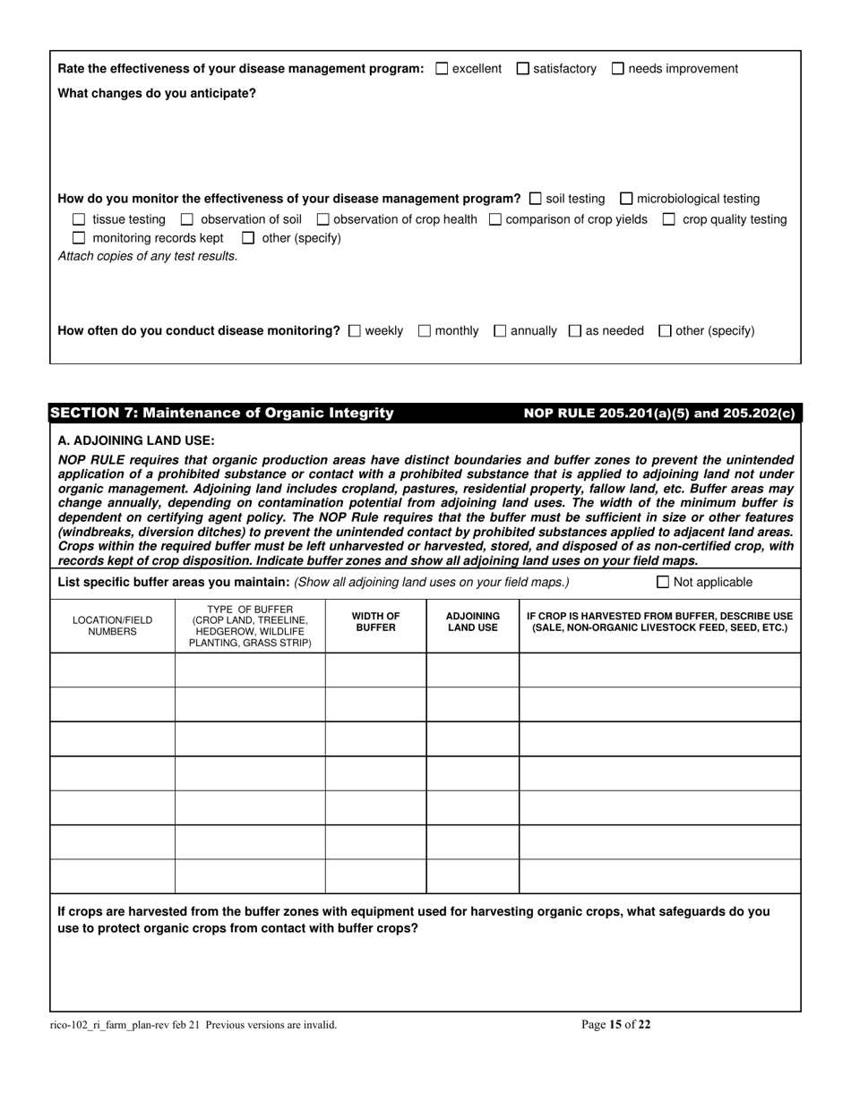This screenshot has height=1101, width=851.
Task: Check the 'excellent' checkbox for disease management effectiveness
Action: pos(442,69)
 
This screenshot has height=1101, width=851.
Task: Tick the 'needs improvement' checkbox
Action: pos(618,69)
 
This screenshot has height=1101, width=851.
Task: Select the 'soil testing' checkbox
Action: pos(536,199)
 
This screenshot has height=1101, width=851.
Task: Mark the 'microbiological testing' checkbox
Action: pos(626,199)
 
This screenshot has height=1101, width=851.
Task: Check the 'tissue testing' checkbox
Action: pos(79,219)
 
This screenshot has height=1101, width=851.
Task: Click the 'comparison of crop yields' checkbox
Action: pos(495,219)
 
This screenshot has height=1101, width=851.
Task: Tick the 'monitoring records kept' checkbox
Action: pos(79,238)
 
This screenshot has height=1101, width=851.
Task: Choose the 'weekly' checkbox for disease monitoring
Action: pos(354,331)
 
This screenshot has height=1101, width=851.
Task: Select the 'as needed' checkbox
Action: pos(575,331)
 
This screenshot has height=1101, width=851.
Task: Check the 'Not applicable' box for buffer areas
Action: pos(663,583)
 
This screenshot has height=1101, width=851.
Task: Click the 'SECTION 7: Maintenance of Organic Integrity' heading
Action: pos(222,413)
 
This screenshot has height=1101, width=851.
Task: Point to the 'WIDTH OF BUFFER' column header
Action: pos(375,622)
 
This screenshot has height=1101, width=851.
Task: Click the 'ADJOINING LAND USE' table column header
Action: pos(472,622)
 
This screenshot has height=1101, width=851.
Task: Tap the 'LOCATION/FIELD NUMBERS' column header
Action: pos(112,626)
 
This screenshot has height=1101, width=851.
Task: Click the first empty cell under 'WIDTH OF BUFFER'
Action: pos(375,670)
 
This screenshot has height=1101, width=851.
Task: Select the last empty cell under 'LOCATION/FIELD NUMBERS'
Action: pos(112,876)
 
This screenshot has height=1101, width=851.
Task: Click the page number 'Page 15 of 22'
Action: pos(616,1025)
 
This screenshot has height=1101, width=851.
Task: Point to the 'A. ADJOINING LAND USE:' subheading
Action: pos(136,440)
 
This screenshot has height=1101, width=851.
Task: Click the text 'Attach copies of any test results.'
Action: pos(148,256)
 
